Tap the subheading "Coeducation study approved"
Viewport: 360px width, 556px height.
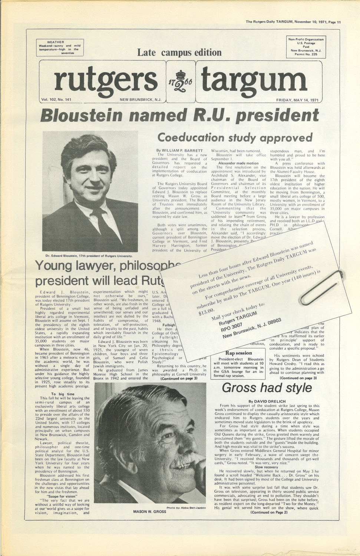pos(235,138)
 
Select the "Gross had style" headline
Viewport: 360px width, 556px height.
pos(267,388)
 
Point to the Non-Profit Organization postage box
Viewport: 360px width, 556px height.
pos(306,47)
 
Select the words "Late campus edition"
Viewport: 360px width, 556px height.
pos(179,52)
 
